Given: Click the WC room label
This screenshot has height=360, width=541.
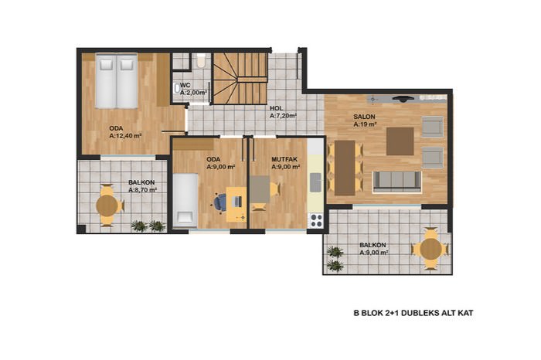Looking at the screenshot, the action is tap(185, 86).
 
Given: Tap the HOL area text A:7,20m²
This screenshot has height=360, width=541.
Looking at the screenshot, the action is tap(284, 116).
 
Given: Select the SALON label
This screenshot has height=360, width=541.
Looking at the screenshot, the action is tap(364, 117).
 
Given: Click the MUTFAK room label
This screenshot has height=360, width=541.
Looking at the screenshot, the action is tap(284, 160).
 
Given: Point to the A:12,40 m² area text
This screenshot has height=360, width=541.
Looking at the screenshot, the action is tap(125, 136).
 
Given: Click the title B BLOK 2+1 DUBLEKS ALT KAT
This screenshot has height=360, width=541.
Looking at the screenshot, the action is tap(413, 313).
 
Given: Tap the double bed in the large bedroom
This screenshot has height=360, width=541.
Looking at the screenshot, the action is tap(117, 80).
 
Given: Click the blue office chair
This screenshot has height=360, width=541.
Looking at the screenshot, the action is tap(219, 202).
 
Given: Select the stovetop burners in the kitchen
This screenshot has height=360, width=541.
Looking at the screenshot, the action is tap(316, 221).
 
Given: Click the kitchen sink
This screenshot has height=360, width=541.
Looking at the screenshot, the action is tap(315, 183).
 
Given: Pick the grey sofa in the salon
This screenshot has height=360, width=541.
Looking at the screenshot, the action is tap(397, 182).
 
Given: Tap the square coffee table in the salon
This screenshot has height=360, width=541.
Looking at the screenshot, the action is tap(400, 141).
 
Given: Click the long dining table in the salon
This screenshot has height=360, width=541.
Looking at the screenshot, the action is tap(345, 168).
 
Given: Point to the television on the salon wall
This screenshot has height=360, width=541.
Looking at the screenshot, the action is tap(403, 98).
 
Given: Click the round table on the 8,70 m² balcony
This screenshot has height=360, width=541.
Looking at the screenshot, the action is tap(107, 205).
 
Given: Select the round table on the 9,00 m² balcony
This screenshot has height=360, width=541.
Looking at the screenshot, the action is tap(431, 249).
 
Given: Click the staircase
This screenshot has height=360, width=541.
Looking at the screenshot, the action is tap(240, 78).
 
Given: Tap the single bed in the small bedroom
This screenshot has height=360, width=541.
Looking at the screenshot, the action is tap(185, 200).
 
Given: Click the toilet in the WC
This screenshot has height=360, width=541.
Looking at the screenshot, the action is tap(200, 60).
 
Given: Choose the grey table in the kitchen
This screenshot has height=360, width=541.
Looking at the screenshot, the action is tap(260, 189).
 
